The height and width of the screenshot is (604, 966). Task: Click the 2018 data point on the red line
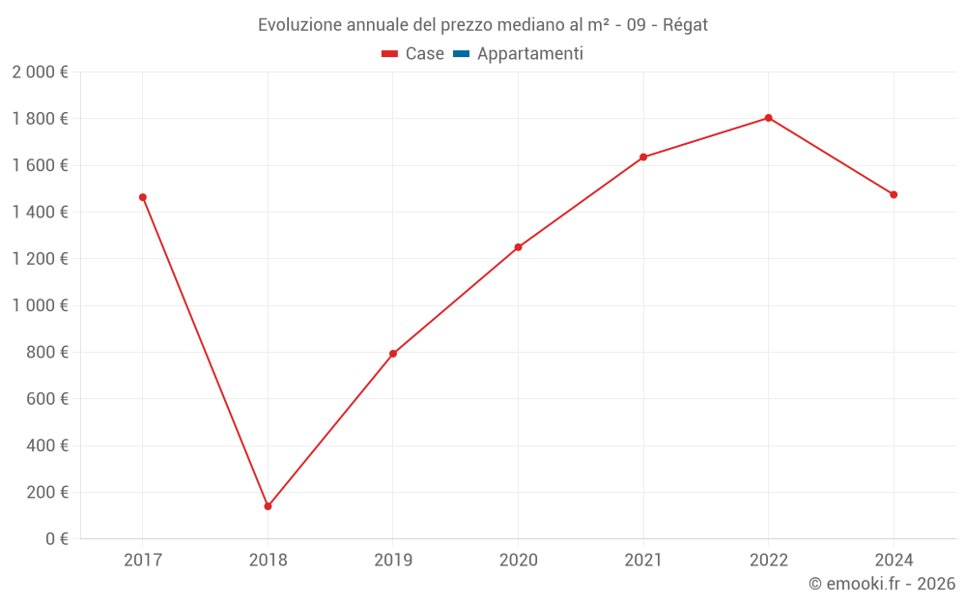tap(268, 506)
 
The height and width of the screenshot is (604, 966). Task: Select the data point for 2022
tap(768, 118)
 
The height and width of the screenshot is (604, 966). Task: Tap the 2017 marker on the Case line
tap(143, 197)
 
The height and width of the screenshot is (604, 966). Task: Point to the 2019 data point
tap(393, 354)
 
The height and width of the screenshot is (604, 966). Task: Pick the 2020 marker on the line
tap(518, 247)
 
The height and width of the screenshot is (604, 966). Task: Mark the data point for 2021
tap(643, 158)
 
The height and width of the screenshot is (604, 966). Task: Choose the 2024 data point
tap(894, 194)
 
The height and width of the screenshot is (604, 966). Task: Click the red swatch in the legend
tap(389, 54)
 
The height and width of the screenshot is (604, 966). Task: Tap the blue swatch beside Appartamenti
tap(461, 54)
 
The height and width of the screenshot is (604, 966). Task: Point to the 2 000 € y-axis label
tap(40, 72)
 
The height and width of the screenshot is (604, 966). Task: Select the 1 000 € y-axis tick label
tap(40, 305)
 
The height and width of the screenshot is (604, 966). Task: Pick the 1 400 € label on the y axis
tap(40, 212)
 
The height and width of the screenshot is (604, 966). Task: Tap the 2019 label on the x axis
tap(393, 560)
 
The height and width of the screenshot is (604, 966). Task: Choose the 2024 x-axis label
tap(894, 560)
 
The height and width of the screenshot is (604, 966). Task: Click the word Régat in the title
tap(685, 25)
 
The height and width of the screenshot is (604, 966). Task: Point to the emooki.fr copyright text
tap(882, 584)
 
